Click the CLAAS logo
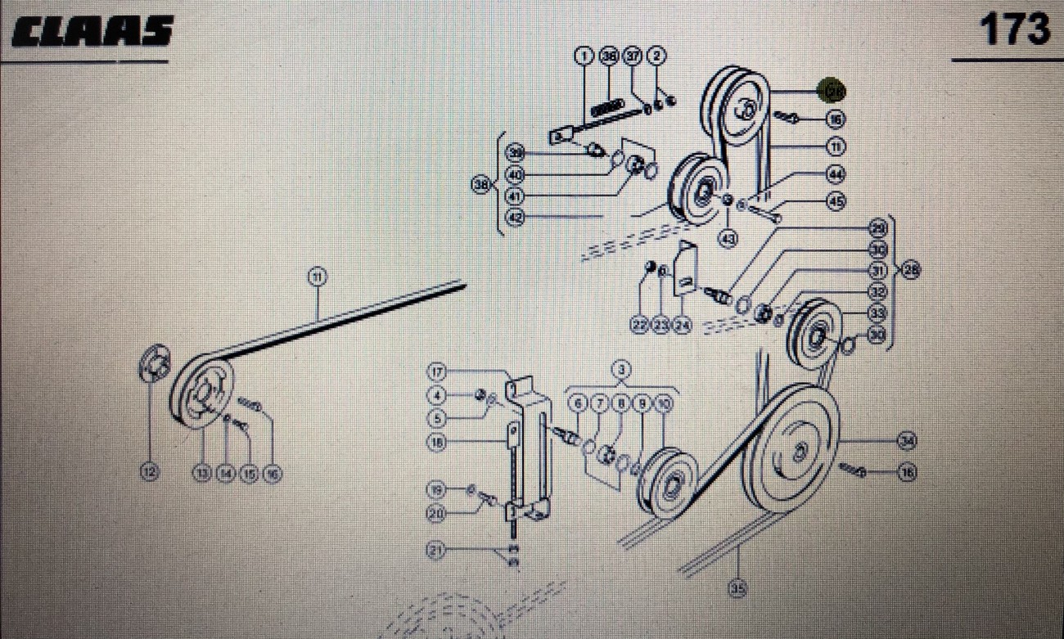(91, 32)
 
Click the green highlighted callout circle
(833, 90)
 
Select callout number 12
(149, 472)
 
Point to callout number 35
(738, 587)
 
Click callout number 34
(906, 441)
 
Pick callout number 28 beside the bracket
(911, 270)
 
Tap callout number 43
(728, 238)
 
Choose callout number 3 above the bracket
(622, 370)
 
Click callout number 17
(437, 372)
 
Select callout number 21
(437, 551)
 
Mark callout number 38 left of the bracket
(483, 187)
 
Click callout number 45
(836, 201)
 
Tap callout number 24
(683, 325)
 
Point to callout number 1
(584, 56)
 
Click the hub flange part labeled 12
(153, 367)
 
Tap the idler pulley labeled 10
(669, 483)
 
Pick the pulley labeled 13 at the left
(201, 391)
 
